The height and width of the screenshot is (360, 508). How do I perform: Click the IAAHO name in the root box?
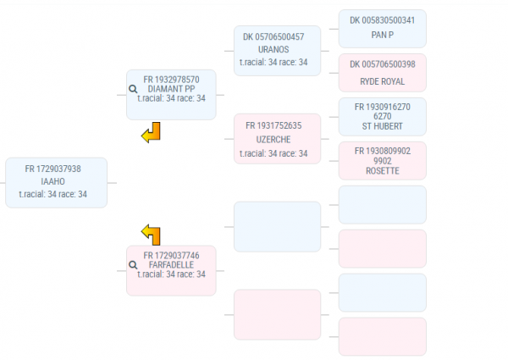click(x=52, y=181)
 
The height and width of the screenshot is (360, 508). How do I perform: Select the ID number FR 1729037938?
click(x=52, y=169)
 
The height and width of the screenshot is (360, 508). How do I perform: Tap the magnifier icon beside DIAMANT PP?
click(x=133, y=88)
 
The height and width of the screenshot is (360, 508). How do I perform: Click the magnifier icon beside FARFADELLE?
click(x=133, y=264)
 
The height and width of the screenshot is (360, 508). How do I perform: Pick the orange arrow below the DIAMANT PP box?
click(x=151, y=132)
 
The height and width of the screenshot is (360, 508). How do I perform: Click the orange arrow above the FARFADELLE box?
click(x=151, y=234)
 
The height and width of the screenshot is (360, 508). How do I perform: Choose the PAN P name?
click(x=382, y=35)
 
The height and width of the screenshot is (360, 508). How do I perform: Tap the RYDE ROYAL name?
click(x=382, y=82)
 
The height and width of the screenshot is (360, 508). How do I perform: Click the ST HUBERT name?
click(x=382, y=127)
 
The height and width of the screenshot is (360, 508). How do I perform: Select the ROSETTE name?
click(x=382, y=171)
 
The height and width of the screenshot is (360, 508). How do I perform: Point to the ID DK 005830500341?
click(x=382, y=19)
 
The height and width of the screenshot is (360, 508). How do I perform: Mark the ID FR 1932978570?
click(x=171, y=79)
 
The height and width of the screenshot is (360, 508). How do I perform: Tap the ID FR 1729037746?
click(x=171, y=255)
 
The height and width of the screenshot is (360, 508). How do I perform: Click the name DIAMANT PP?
click(x=171, y=88)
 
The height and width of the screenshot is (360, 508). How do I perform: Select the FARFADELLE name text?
click(x=171, y=264)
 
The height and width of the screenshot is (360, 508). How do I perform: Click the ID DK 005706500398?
click(x=382, y=64)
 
